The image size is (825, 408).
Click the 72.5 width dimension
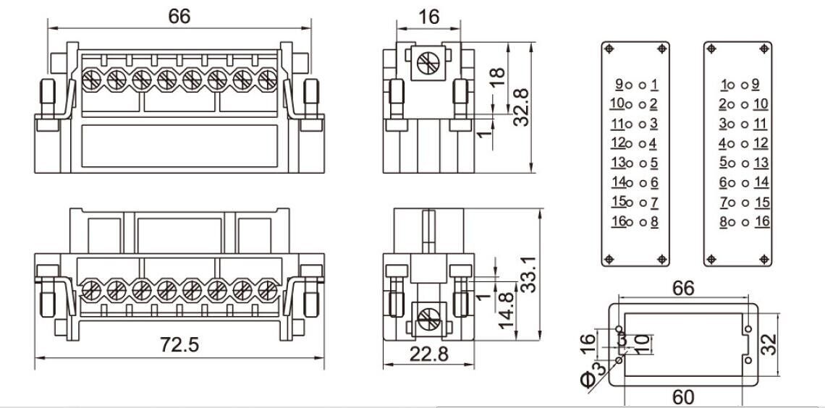[x=179, y=345]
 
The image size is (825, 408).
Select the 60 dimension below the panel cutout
[x=682, y=396]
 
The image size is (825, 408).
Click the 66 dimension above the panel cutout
[x=682, y=289]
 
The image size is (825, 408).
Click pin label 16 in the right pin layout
[x=761, y=221]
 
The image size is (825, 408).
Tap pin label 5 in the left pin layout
[x=653, y=163]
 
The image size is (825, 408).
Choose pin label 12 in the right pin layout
[x=761, y=143]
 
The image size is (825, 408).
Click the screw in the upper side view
[x=428, y=64]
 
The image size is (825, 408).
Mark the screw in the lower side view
[x=428, y=318]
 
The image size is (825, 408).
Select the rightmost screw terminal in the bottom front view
[x=267, y=290]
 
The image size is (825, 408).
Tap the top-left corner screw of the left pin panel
[x=609, y=48]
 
